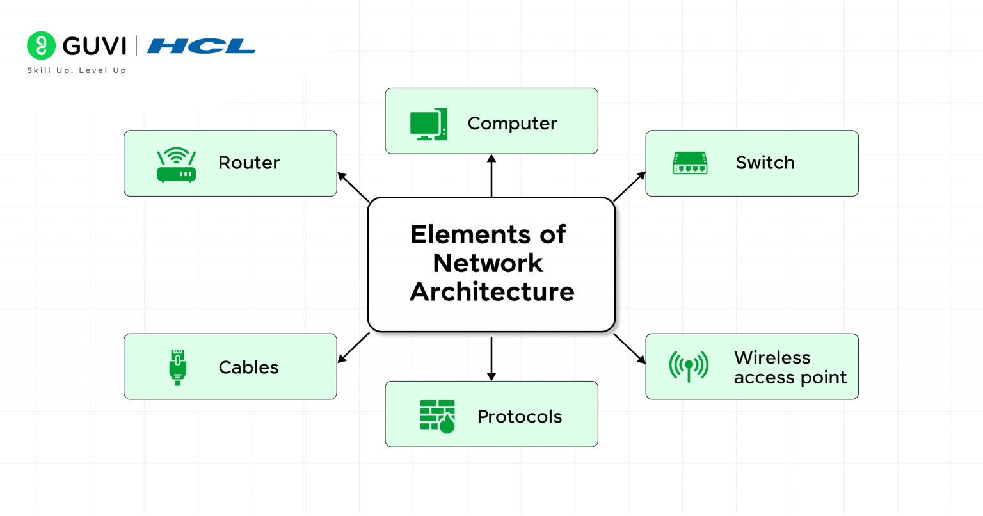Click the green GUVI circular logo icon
pos(42,45)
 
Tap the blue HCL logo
pos(201,46)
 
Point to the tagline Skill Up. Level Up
pos(76,70)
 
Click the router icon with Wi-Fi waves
pos(176,165)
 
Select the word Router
pos(248,163)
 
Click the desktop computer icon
pos(428,124)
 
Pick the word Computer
pos(512,123)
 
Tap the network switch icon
pos(690,163)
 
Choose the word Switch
pos(765,163)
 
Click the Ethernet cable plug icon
pos(177,367)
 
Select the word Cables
pos(248,367)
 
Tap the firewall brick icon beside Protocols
pos(437,416)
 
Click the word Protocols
pos(519,416)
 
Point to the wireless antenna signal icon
pos(689,366)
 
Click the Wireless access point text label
pos(790,367)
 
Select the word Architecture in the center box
pos(491,292)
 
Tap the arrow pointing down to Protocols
pos(491,359)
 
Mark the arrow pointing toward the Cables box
pos(353,348)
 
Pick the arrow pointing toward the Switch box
pos(630,186)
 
